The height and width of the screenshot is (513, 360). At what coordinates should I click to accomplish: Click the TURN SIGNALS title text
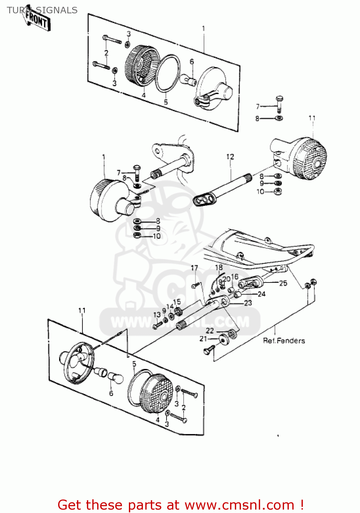tap(42, 10)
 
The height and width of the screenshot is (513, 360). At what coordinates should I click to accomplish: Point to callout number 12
tap(230, 157)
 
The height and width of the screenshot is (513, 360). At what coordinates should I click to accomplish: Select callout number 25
tap(283, 283)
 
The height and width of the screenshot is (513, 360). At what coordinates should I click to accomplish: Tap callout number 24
tap(262, 294)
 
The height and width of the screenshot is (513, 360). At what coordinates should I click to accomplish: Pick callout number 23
tap(248, 303)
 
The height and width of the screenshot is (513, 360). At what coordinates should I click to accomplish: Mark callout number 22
tap(210, 330)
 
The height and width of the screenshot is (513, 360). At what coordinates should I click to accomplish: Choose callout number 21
tap(203, 339)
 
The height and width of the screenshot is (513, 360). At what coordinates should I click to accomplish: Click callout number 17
tap(194, 268)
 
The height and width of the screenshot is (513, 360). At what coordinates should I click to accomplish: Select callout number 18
tap(219, 267)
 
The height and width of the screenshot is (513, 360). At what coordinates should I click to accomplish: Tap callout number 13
tap(157, 315)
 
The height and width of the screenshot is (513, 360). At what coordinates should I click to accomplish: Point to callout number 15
tap(177, 302)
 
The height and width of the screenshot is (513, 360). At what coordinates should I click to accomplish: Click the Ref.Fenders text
tap(284, 341)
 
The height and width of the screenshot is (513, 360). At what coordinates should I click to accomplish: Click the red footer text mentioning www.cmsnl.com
tap(181, 505)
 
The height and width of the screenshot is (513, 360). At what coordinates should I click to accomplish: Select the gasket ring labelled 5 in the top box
tap(168, 74)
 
